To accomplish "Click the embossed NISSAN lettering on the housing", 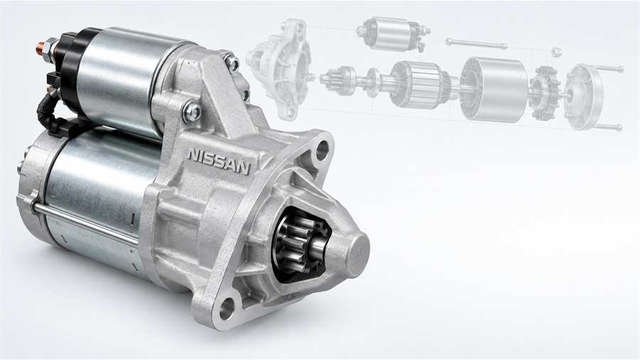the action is click(218, 161).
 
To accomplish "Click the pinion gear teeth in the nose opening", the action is click(294, 244).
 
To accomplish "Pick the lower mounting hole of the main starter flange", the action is click(227, 308).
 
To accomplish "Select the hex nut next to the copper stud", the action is click(52, 45).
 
